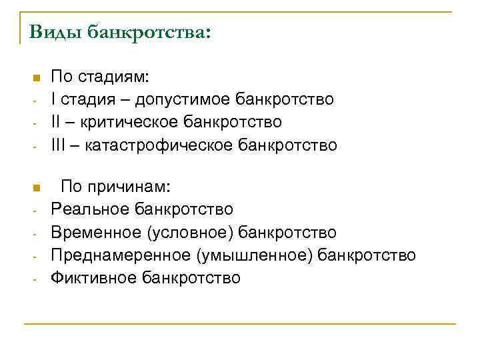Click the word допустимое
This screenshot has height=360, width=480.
click(x=182, y=100)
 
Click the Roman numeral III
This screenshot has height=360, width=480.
click(x=59, y=144)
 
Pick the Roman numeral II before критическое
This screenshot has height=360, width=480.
click(x=56, y=122)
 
